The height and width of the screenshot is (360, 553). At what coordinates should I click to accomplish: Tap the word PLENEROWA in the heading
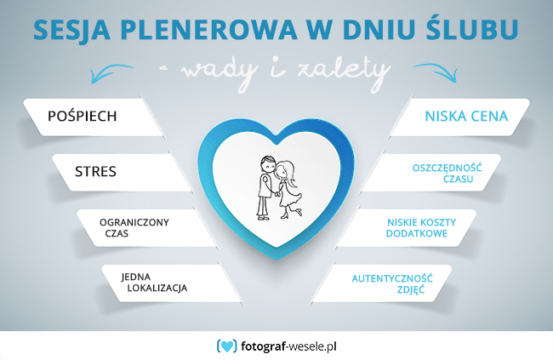(209, 30)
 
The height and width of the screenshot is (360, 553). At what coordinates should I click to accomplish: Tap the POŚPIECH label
(82, 116)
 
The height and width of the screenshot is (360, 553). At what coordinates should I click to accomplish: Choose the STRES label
(95, 172)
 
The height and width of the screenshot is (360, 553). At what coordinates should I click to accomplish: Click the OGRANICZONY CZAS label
(134, 227)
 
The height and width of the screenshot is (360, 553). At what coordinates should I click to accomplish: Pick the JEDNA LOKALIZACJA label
(154, 283)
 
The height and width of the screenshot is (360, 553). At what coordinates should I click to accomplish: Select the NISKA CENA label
(466, 116)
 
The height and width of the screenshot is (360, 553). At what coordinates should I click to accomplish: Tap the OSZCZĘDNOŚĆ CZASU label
(447, 173)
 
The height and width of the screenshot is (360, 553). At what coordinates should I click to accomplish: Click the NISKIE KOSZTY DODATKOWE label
(421, 228)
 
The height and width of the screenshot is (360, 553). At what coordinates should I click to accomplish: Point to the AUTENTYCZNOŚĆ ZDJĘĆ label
(392, 283)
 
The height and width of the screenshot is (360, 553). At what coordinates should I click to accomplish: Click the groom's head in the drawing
(268, 163)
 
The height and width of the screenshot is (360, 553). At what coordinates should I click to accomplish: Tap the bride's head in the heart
(285, 171)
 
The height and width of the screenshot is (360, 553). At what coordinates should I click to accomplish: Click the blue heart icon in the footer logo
(227, 346)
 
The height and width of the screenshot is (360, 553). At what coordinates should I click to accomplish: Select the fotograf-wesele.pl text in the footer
(288, 346)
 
